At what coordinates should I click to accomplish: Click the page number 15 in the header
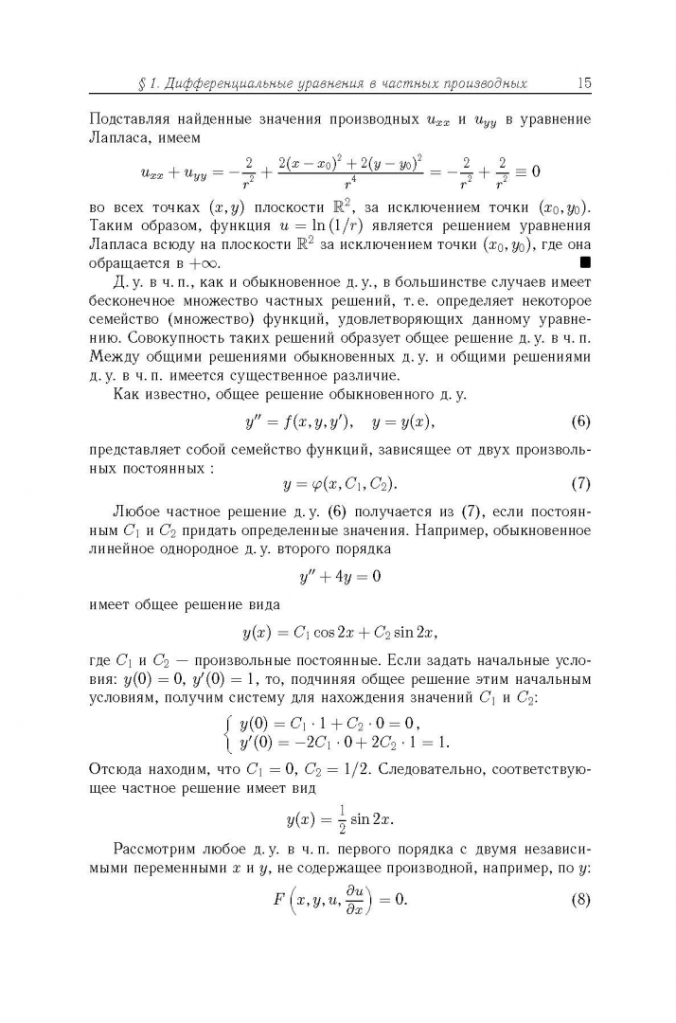coord(582,83)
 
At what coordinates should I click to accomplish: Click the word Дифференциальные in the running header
coord(236,84)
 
